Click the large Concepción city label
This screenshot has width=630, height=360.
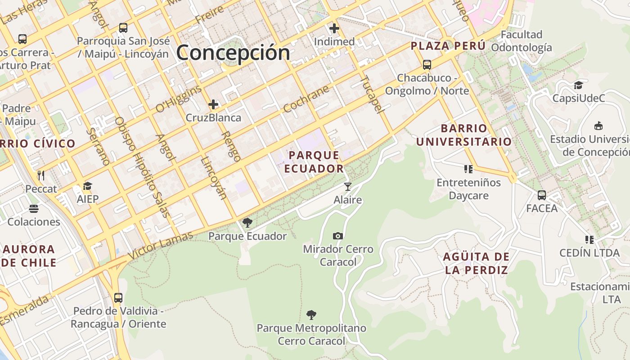click(233, 53)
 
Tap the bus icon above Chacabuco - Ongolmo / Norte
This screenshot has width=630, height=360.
click(427, 65)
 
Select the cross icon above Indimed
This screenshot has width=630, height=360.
click(334, 29)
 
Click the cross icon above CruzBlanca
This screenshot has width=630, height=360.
click(213, 105)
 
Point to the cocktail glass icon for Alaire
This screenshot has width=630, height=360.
click(347, 186)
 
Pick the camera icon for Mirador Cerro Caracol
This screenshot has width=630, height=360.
click(338, 236)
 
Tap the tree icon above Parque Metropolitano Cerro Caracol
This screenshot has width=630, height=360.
click(311, 315)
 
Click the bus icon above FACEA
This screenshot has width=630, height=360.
click(542, 195)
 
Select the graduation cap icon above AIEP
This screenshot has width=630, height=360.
click(87, 186)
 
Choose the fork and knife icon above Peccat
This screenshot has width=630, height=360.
click(41, 175)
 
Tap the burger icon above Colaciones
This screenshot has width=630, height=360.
click(34, 209)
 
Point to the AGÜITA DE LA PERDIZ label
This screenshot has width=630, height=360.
click(476, 263)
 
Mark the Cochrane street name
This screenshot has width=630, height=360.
click(306, 99)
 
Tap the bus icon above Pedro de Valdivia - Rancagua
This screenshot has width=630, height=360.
click(118, 298)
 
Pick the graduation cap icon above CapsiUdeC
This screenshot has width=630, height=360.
click(578, 85)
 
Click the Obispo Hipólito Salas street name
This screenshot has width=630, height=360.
click(143, 167)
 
